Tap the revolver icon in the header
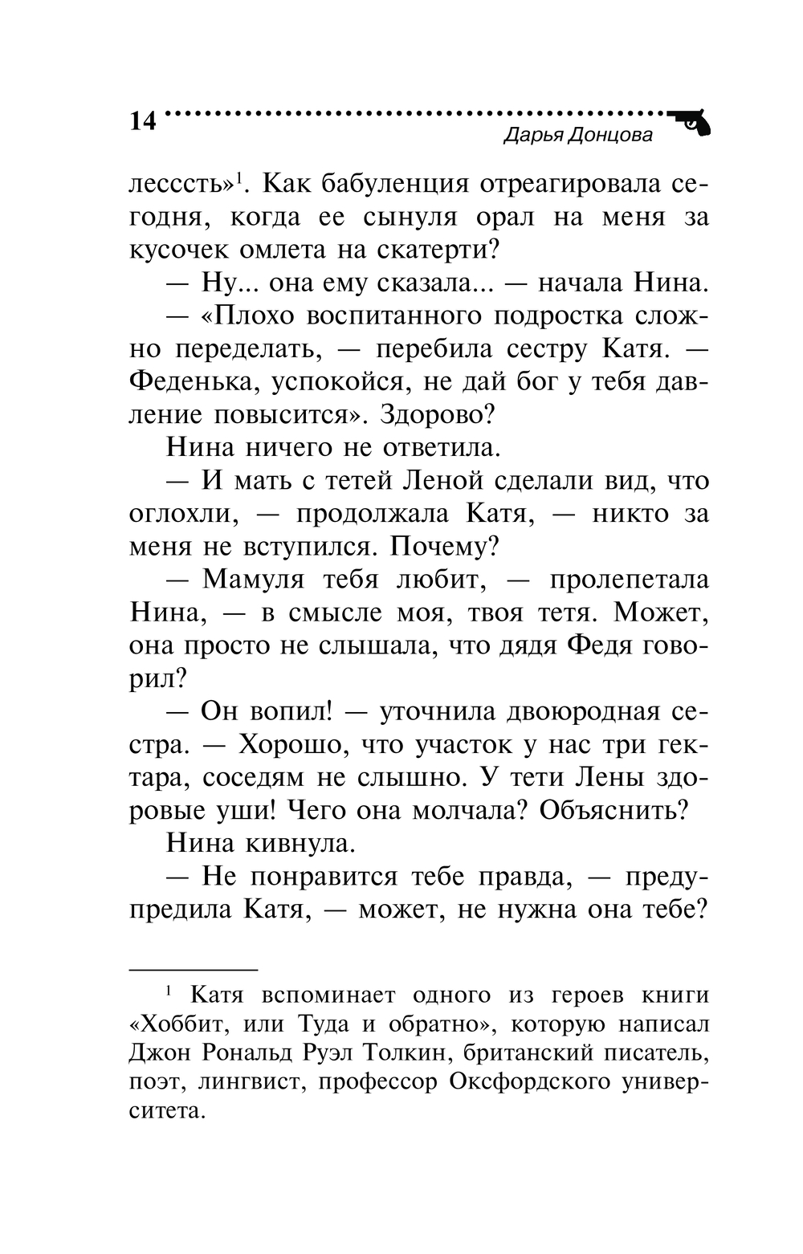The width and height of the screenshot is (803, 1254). [691, 122]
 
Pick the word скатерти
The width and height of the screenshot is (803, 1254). [434, 250]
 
